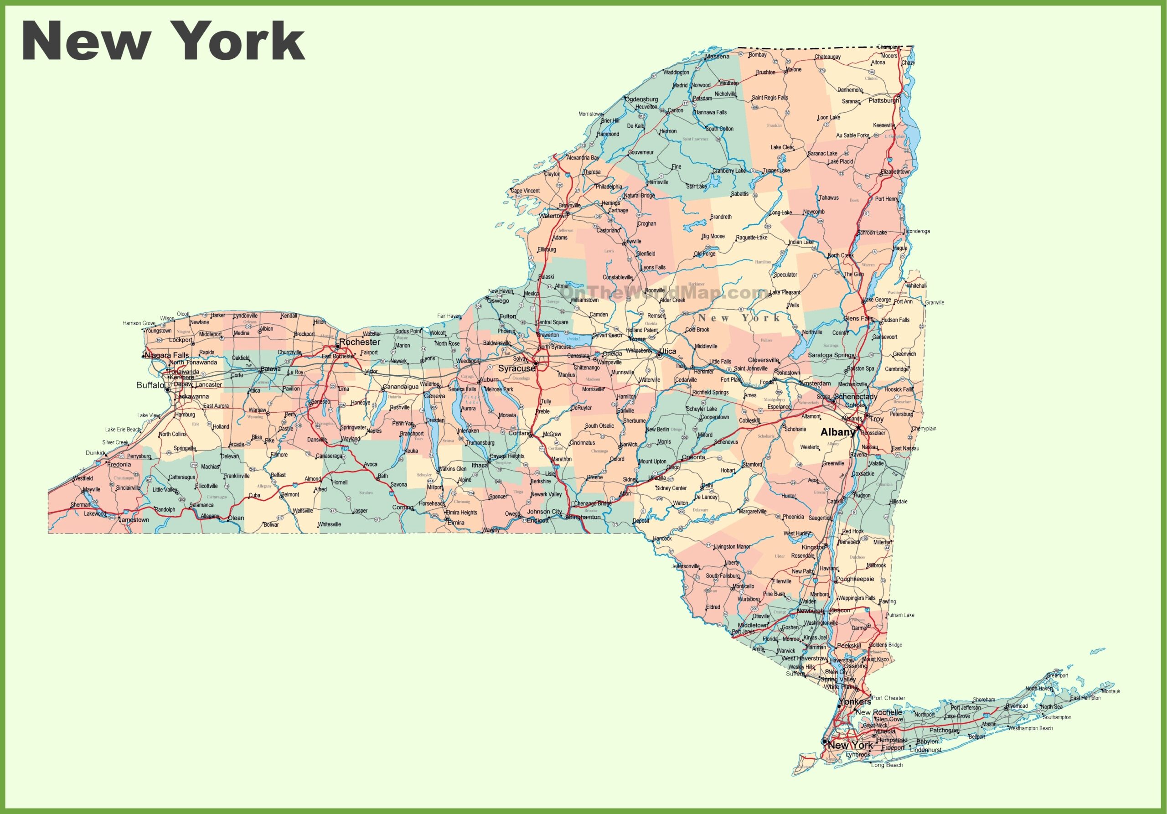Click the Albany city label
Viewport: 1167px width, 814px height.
837,432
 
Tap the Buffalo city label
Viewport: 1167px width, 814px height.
150,385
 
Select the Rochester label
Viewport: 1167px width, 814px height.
360,342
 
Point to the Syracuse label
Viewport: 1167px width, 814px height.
516,368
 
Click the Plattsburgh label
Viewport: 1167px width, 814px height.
883,101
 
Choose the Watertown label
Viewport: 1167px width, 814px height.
553,216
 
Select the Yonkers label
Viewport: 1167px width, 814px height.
855,702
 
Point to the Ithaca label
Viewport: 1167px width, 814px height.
479,465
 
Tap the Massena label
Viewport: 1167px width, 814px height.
717,57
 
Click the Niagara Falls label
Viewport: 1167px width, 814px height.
167,355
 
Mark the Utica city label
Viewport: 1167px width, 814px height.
667,351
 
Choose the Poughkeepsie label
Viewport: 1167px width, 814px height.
856,579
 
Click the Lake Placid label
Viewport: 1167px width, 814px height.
840,162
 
